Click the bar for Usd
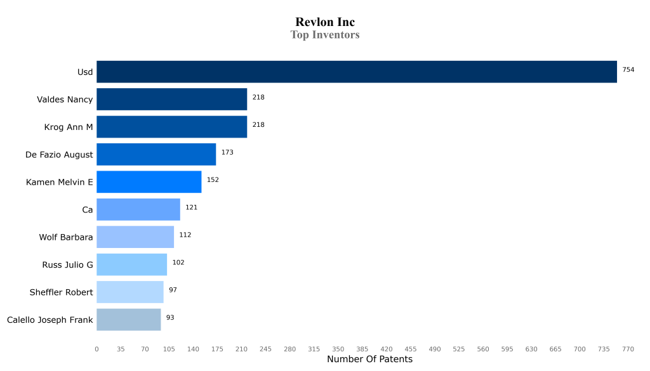[356, 72]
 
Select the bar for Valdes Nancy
[171, 100]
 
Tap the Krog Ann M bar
[171, 127]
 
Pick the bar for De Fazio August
[156, 155]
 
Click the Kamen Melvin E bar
[149, 182]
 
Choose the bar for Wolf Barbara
[135, 237]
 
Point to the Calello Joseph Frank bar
[128, 320]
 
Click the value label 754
[628, 70]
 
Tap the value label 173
[227, 152]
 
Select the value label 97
[173, 290]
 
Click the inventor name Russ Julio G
[67, 265]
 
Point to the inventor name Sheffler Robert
[61, 292]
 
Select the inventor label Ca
[88, 210]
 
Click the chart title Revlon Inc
[325, 23]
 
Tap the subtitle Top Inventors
[325, 35]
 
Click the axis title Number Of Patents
[369, 360]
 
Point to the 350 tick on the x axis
[338, 349]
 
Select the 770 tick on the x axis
[628, 349]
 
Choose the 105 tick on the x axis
[169, 349]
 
